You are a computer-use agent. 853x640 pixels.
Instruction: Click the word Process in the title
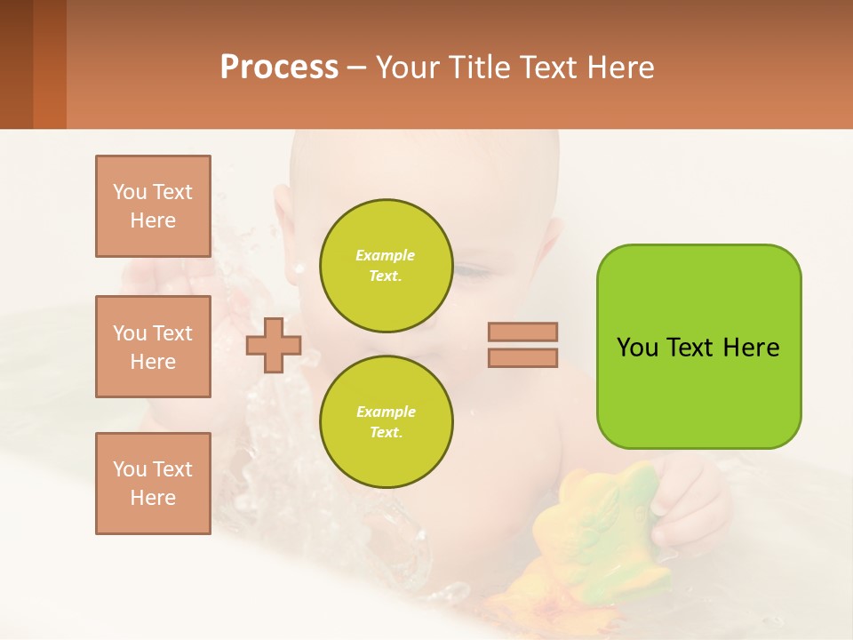[279, 68]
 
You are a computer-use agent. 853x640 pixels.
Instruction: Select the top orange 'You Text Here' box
[153, 206]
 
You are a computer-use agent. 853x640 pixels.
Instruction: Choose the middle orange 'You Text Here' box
[153, 347]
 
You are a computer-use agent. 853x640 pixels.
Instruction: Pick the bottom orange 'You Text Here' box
[153, 484]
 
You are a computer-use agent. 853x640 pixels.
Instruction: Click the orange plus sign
[274, 346]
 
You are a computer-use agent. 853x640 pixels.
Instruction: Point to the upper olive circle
[386, 265]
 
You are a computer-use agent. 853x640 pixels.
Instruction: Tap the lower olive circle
[386, 421]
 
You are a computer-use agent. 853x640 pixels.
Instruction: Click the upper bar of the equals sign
[523, 332]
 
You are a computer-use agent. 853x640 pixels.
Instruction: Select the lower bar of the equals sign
[523, 357]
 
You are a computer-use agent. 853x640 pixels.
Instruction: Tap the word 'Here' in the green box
[751, 348]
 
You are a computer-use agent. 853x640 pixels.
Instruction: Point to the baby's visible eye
[471, 272]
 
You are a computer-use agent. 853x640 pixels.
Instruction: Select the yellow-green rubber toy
[604, 533]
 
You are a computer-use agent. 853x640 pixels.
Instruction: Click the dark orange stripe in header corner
[49, 64]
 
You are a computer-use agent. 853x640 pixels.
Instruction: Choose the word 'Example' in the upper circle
[385, 255]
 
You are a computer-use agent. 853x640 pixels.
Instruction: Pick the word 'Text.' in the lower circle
[386, 432]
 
